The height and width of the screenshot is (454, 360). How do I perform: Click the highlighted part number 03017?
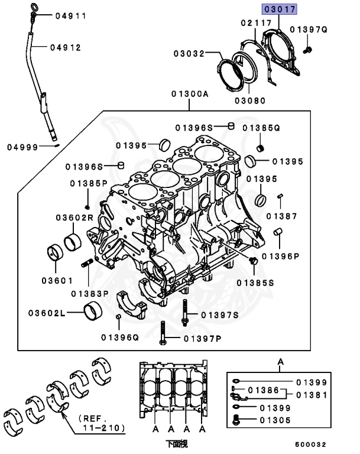280,9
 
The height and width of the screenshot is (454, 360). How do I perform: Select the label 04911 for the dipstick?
70,16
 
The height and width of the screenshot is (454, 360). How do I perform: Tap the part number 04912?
65,47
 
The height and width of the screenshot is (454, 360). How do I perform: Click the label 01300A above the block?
190,93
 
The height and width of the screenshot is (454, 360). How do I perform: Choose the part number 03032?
189,54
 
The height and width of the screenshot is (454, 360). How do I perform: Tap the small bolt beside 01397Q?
308,50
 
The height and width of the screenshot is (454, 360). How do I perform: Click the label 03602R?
75,218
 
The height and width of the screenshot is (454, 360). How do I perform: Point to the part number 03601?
56,280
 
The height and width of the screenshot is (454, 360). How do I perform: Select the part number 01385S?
255,283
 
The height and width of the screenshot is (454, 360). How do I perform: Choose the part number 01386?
262,390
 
